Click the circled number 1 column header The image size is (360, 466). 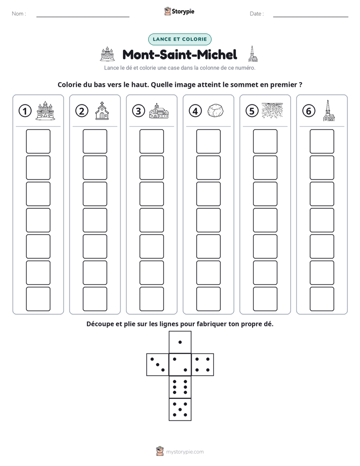click(x=25, y=111)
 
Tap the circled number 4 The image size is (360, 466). click(x=195, y=111)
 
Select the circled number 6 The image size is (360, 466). click(x=309, y=111)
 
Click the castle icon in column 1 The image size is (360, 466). click(x=45, y=110)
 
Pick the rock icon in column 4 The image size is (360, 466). click(x=215, y=110)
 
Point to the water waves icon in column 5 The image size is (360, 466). click(x=272, y=110)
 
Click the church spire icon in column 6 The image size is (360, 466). click(x=329, y=110)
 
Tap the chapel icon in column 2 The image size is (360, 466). click(x=102, y=110)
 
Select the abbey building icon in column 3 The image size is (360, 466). click(x=159, y=111)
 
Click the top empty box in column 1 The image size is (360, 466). click(x=38, y=141)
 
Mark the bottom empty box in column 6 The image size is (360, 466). click(x=322, y=299)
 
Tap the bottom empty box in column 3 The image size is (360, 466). click(x=151, y=299)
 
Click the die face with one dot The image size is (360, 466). click(x=180, y=342)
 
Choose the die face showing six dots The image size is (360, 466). click(x=180, y=387)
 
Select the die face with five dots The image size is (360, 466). click(x=180, y=409)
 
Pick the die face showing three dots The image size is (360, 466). click(x=158, y=364)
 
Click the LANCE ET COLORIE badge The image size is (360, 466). click(x=179, y=39)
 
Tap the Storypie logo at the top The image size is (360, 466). click(x=179, y=11)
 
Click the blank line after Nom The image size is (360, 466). click(x=83, y=17)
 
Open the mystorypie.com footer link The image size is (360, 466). click(x=180, y=452)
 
